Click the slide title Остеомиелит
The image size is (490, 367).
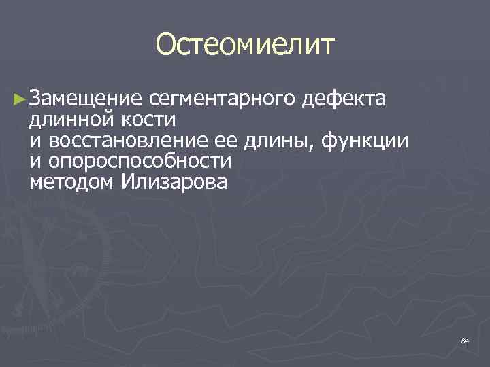pos(245,46)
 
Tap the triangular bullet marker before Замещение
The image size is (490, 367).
pos(20,100)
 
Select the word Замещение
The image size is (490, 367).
pos(85,99)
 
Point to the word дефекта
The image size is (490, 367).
pos(346,99)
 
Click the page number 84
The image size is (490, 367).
pos(465,340)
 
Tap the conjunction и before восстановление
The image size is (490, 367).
pos(35,141)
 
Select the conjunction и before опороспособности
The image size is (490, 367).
pos(35,162)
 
